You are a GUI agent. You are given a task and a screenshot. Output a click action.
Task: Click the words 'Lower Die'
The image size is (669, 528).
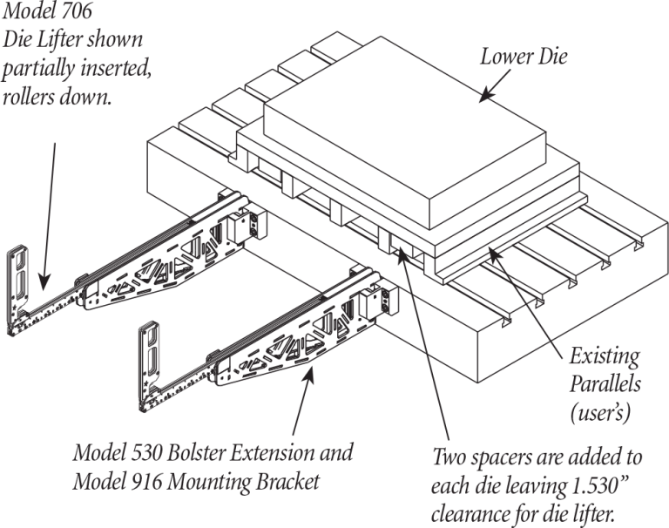(524, 58)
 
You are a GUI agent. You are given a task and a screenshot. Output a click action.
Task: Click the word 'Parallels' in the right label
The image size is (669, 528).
(605, 383)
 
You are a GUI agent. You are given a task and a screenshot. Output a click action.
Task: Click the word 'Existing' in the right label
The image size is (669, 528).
(604, 357)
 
